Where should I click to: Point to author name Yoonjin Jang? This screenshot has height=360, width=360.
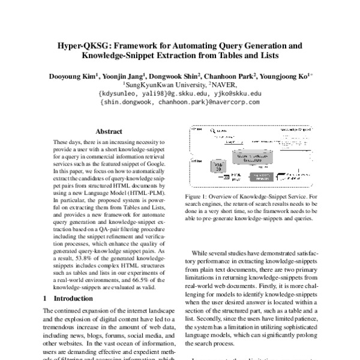pos(125,76)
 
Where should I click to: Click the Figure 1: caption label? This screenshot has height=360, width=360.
pos(204,196)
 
